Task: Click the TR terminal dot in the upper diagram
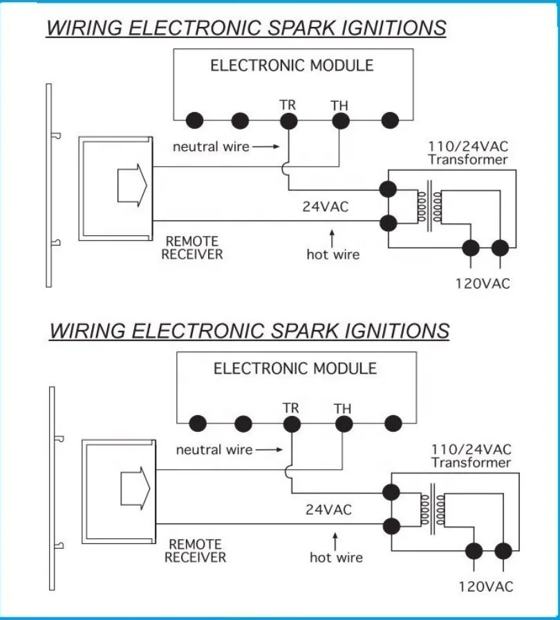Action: point(288,120)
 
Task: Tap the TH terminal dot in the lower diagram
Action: point(342,423)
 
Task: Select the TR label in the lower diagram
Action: point(291,408)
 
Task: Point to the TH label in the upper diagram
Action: point(339,105)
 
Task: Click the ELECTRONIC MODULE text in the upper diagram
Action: point(292,66)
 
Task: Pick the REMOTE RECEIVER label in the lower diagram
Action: point(195,551)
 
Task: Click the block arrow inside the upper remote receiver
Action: point(131,185)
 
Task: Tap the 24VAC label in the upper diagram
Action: point(326,207)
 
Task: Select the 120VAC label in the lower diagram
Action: point(486,587)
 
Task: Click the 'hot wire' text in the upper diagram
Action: point(333,255)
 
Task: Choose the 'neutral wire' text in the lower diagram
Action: point(214,450)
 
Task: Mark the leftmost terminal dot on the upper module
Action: point(195,120)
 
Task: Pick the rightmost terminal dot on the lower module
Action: point(393,423)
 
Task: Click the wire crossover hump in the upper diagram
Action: point(288,167)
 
